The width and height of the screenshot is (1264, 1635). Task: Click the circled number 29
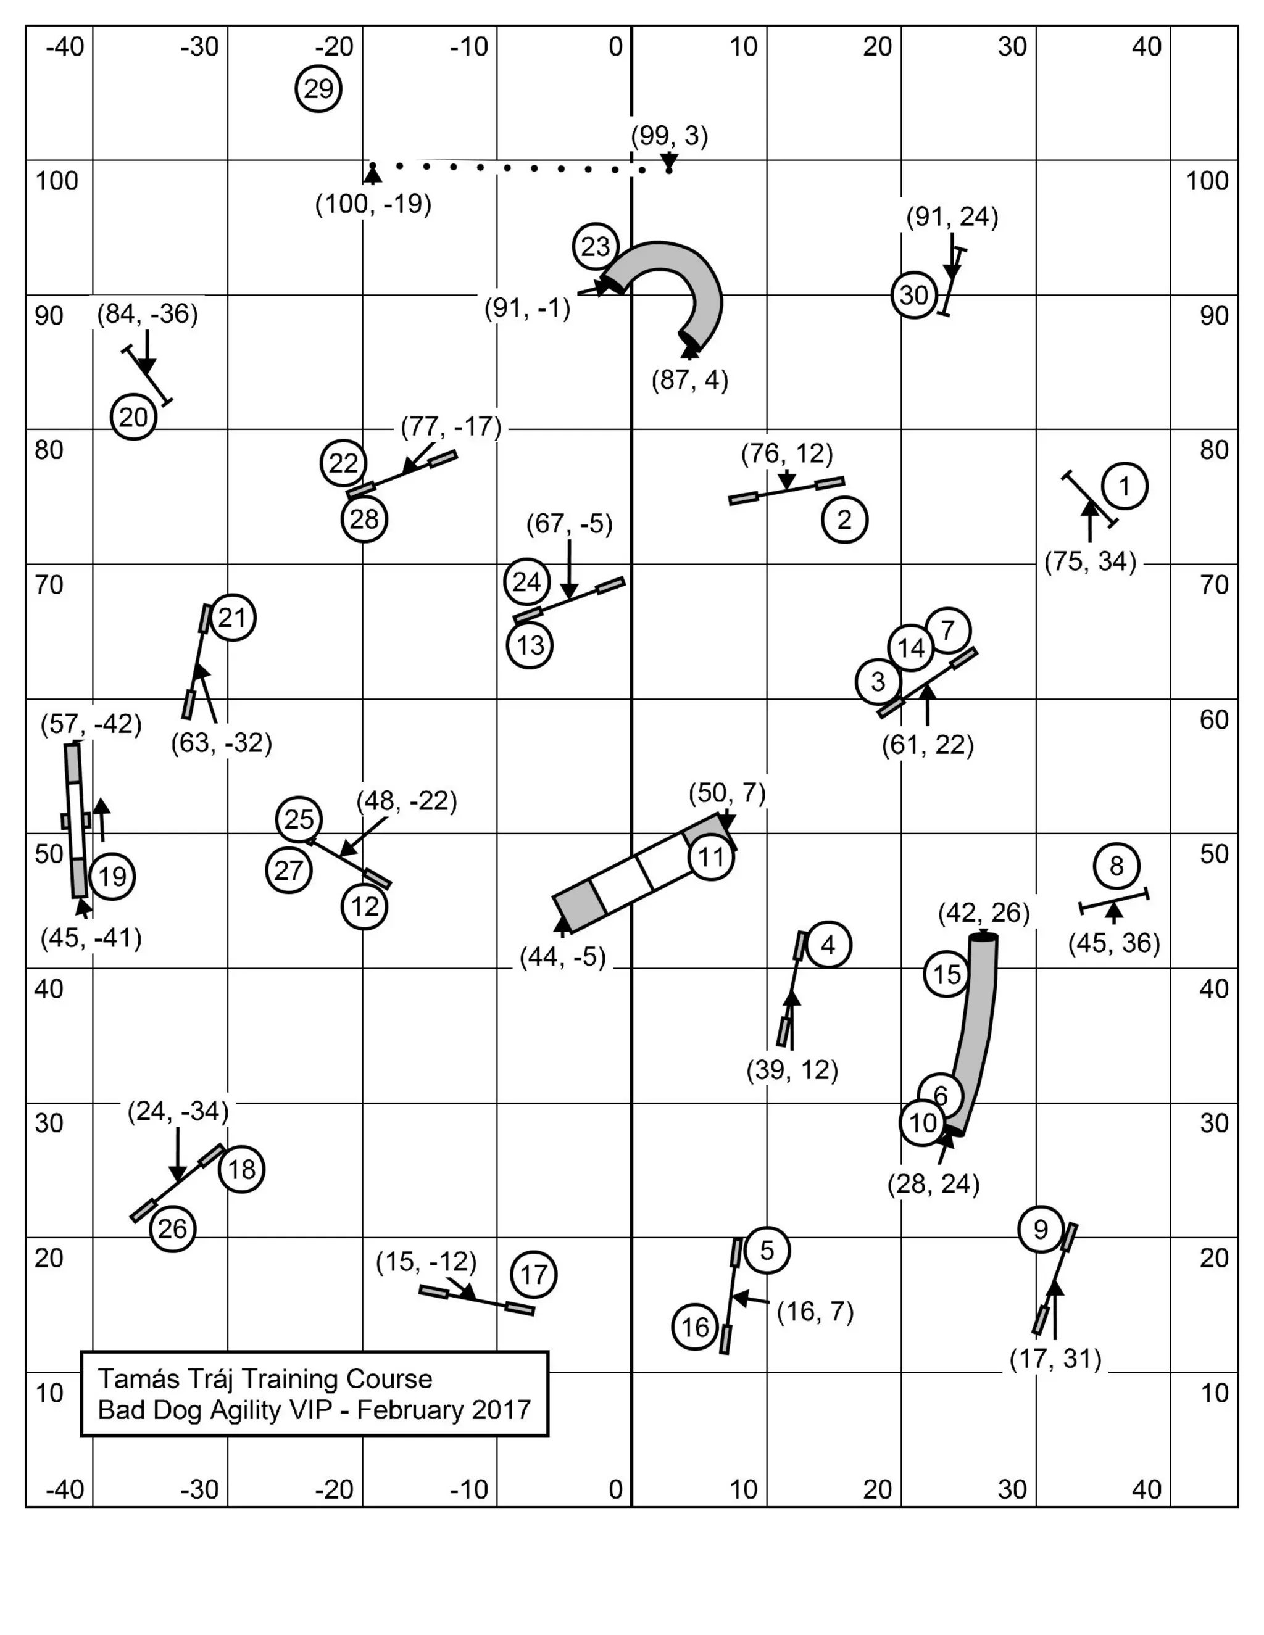point(318,89)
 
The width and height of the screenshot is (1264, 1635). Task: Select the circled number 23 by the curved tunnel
point(596,246)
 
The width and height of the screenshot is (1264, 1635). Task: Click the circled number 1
point(1124,487)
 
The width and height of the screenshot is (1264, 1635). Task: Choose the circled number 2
point(844,519)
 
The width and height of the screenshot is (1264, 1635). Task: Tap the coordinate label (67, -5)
point(569,524)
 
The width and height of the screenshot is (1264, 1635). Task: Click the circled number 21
point(232,618)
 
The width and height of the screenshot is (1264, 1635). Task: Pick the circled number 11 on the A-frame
point(710,857)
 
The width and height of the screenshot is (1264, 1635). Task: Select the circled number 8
point(1116,866)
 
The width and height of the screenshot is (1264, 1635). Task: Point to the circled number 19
point(112,876)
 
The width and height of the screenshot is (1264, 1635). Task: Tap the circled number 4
point(828,945)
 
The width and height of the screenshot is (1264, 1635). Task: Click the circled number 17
point(533,1274)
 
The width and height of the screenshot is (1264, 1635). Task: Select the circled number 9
point(1040,1229)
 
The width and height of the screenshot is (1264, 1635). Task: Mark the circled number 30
point(913,295)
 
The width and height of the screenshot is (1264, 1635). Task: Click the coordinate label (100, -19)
point(373,204)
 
